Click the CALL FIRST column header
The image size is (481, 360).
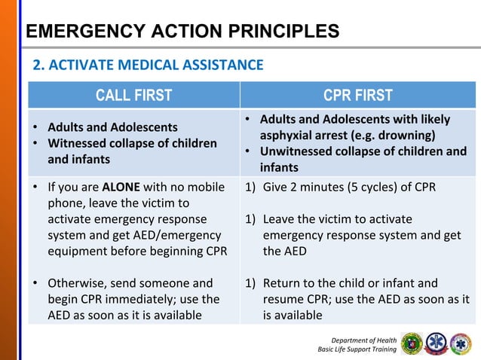(133, 95)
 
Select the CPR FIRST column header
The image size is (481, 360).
(358, 95)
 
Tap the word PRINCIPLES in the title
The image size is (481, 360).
(274, 32)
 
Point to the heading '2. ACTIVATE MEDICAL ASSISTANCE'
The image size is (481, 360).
(147, 66)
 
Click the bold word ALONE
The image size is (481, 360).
(119, 188)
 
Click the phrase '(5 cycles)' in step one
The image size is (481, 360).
(356, 188)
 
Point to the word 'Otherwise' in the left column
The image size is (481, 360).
(76, 283)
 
